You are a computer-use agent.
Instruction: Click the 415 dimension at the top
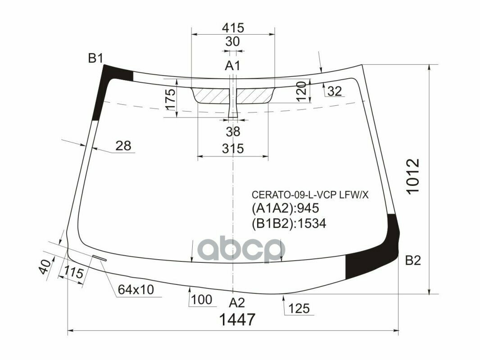point(232,27)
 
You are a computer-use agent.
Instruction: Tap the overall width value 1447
point(237,320)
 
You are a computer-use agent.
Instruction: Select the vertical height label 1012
point(413,177)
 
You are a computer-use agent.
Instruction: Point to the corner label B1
point(95,58)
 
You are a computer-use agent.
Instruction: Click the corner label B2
point(412,260)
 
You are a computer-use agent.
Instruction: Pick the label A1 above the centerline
point(232,66)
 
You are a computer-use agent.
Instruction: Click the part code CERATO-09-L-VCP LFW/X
point(310,195)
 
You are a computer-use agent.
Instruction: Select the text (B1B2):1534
point(288,224)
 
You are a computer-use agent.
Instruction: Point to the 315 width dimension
point(232,148)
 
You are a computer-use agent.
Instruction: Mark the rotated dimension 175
point(170,99)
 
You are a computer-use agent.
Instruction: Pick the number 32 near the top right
point(335,91)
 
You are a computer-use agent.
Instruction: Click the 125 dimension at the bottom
point(299,308)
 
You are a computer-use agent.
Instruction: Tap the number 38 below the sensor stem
point(233,132)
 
